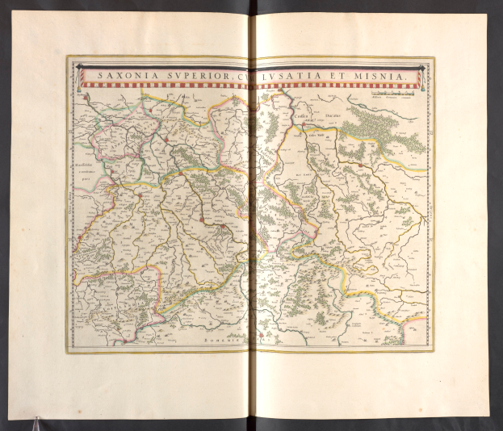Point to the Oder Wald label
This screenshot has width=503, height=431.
point(317,135)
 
